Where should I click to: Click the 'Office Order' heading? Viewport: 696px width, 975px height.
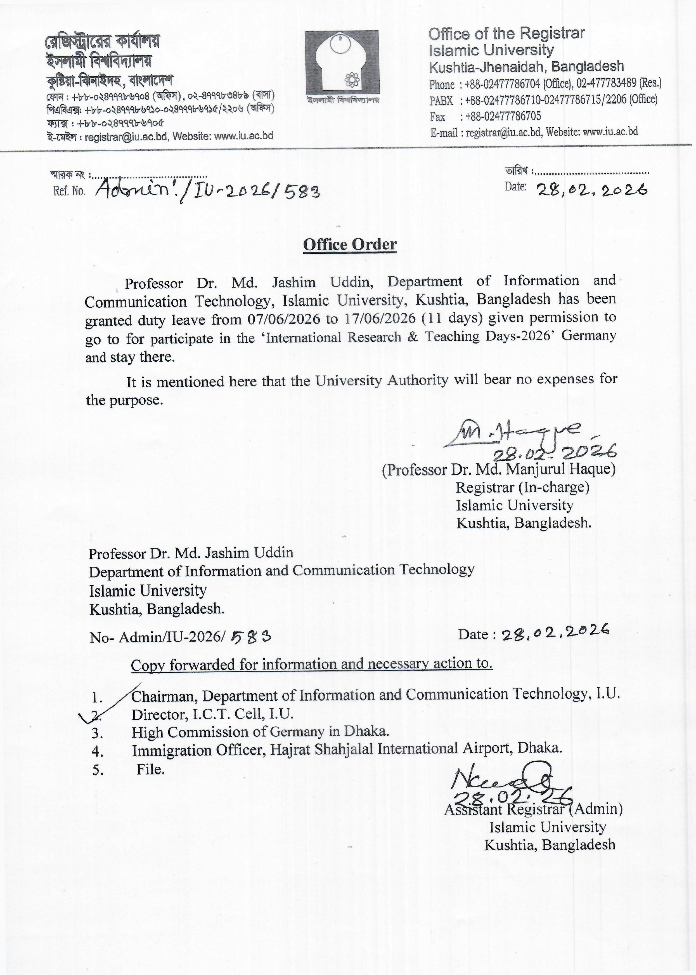coord(350,244)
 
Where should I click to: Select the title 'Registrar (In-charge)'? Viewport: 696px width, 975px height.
coord(522,488)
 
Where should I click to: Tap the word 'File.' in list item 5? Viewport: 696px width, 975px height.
coord(150,770)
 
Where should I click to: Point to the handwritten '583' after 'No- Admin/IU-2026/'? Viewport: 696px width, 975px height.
coord(251,637)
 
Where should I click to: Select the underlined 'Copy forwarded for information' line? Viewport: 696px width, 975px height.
coord(312,664)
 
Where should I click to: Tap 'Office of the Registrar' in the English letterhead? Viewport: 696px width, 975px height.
coord(506,34)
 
